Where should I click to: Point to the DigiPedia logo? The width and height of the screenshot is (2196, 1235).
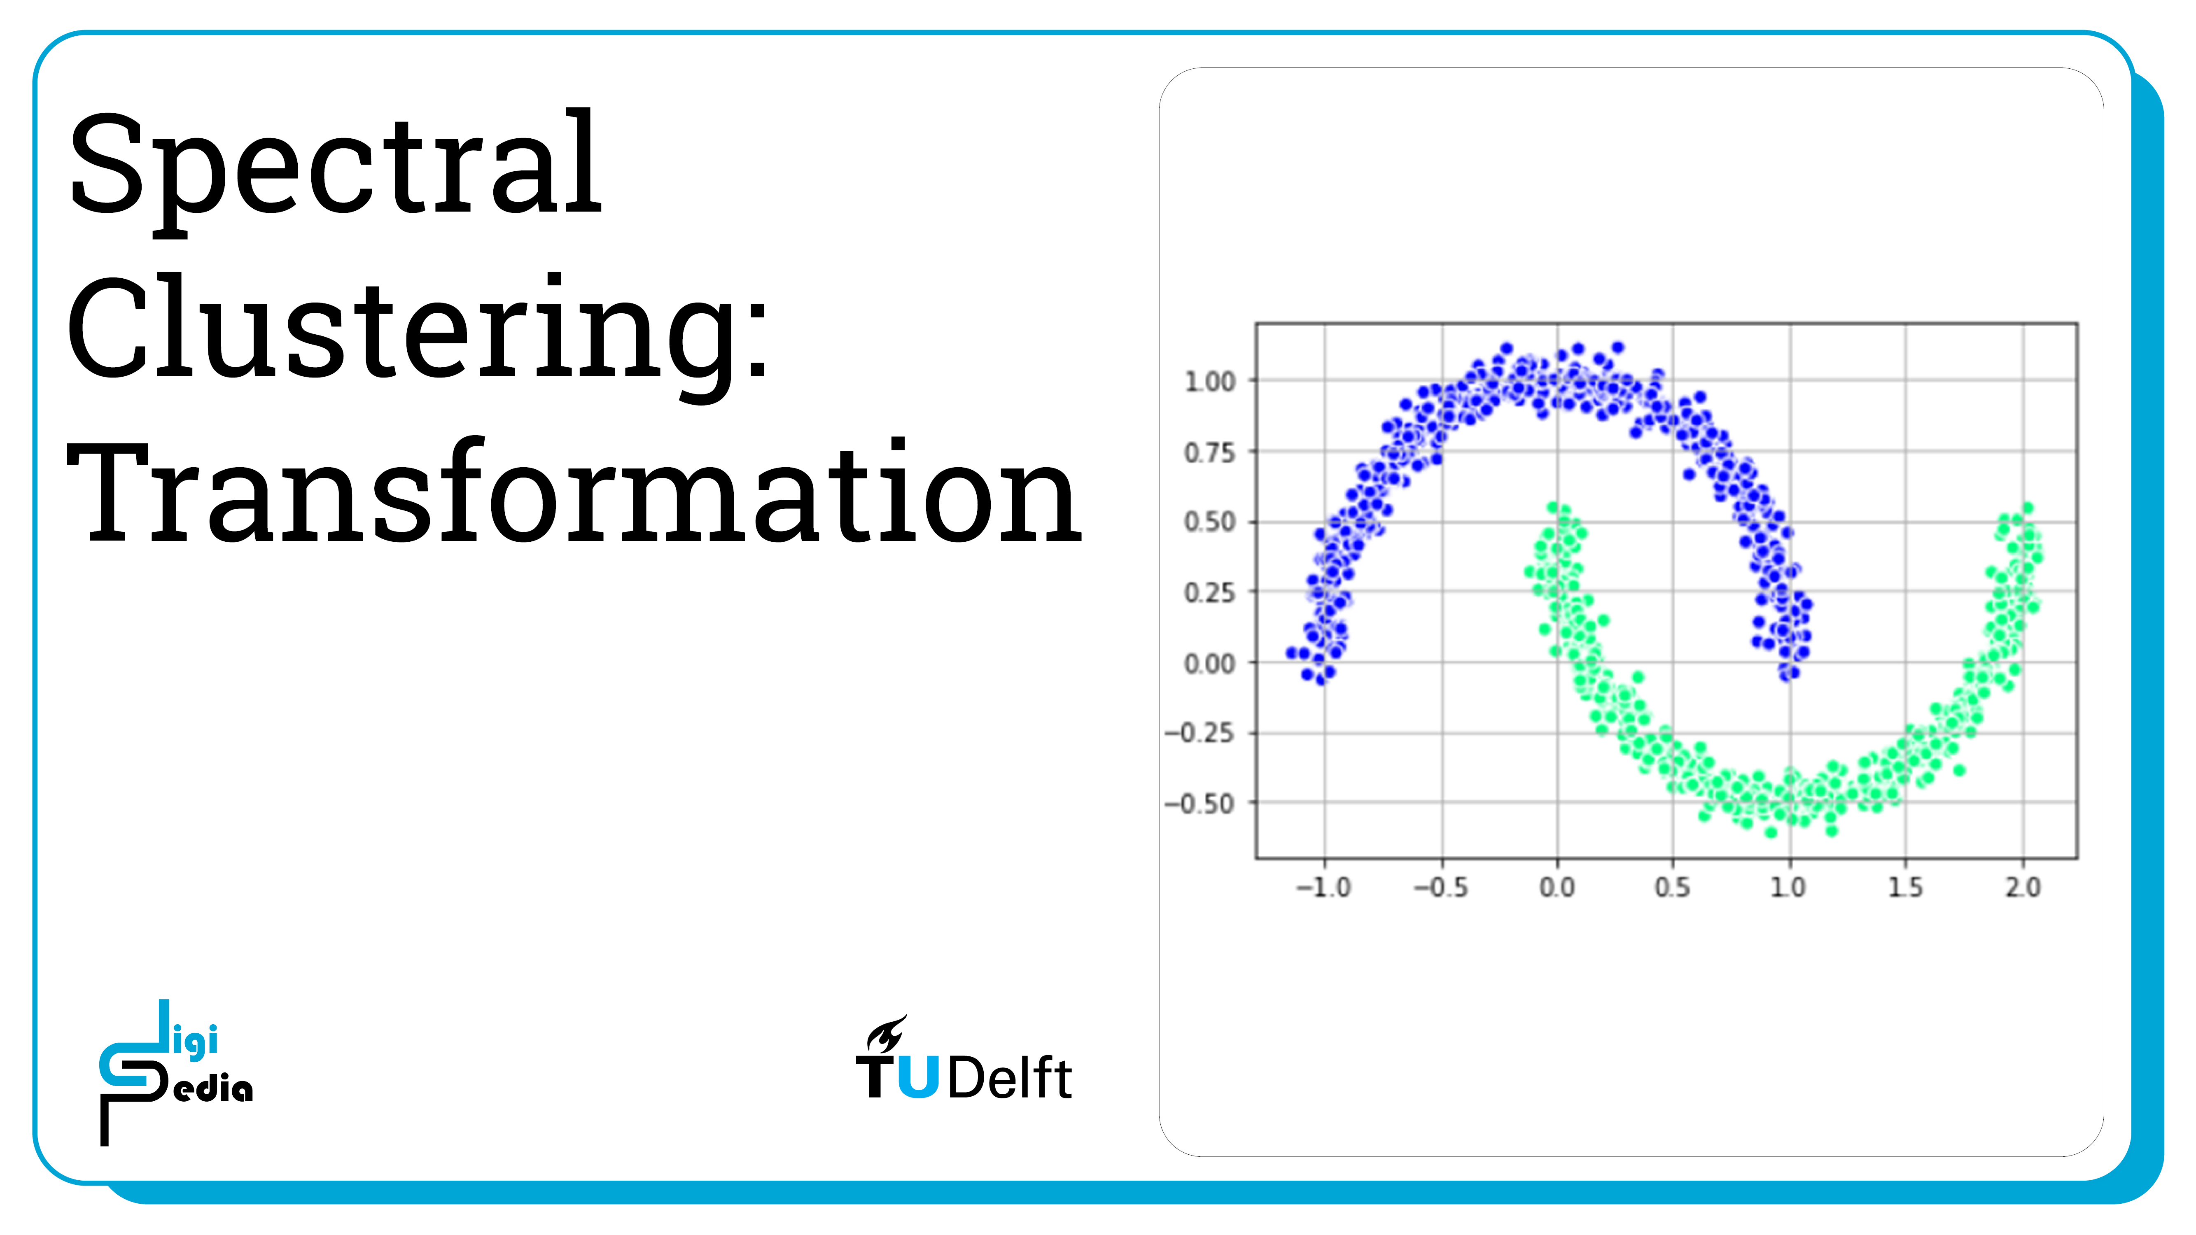coord(175,1072)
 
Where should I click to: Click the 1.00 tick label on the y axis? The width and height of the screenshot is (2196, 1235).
coord(1210,382)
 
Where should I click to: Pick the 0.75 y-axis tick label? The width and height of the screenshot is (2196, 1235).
coord(1210,452)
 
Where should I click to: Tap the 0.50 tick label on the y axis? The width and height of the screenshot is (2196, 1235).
coord(1210,522)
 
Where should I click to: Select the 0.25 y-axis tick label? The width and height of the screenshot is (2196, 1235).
coord(1210,592)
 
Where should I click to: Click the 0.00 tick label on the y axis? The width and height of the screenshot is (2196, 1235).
coord(1210,663)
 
